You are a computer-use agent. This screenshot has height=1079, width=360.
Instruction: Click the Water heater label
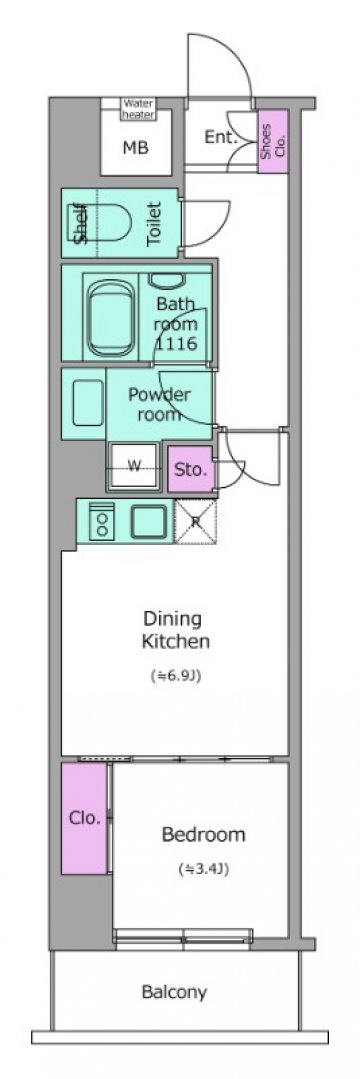point(138,109)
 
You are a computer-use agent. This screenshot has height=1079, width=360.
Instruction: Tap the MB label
point(136,147)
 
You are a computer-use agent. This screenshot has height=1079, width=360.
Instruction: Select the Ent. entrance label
point(221,137)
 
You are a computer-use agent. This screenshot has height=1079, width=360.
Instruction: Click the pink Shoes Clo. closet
point(273,141)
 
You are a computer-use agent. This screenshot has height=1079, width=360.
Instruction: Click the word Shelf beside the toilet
point(81,223)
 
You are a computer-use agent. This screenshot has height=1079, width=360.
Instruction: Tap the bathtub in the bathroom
point(110,316)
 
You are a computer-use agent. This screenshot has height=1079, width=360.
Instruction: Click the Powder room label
point(159,405)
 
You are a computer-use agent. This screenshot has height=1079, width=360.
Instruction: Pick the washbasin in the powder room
point(88,403)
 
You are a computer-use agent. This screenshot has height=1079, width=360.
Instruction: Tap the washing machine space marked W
point(135,467)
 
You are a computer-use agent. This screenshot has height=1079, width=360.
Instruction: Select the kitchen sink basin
point(151,521)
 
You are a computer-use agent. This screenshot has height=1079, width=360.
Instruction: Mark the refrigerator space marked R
point(195,522)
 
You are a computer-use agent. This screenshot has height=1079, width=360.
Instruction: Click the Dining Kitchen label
point(176,630)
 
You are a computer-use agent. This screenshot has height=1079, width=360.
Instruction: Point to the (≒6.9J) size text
point(176,676)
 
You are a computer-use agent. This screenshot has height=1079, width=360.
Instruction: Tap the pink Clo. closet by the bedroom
point(84,818)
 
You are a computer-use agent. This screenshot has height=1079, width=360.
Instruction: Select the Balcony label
point(174,992)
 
